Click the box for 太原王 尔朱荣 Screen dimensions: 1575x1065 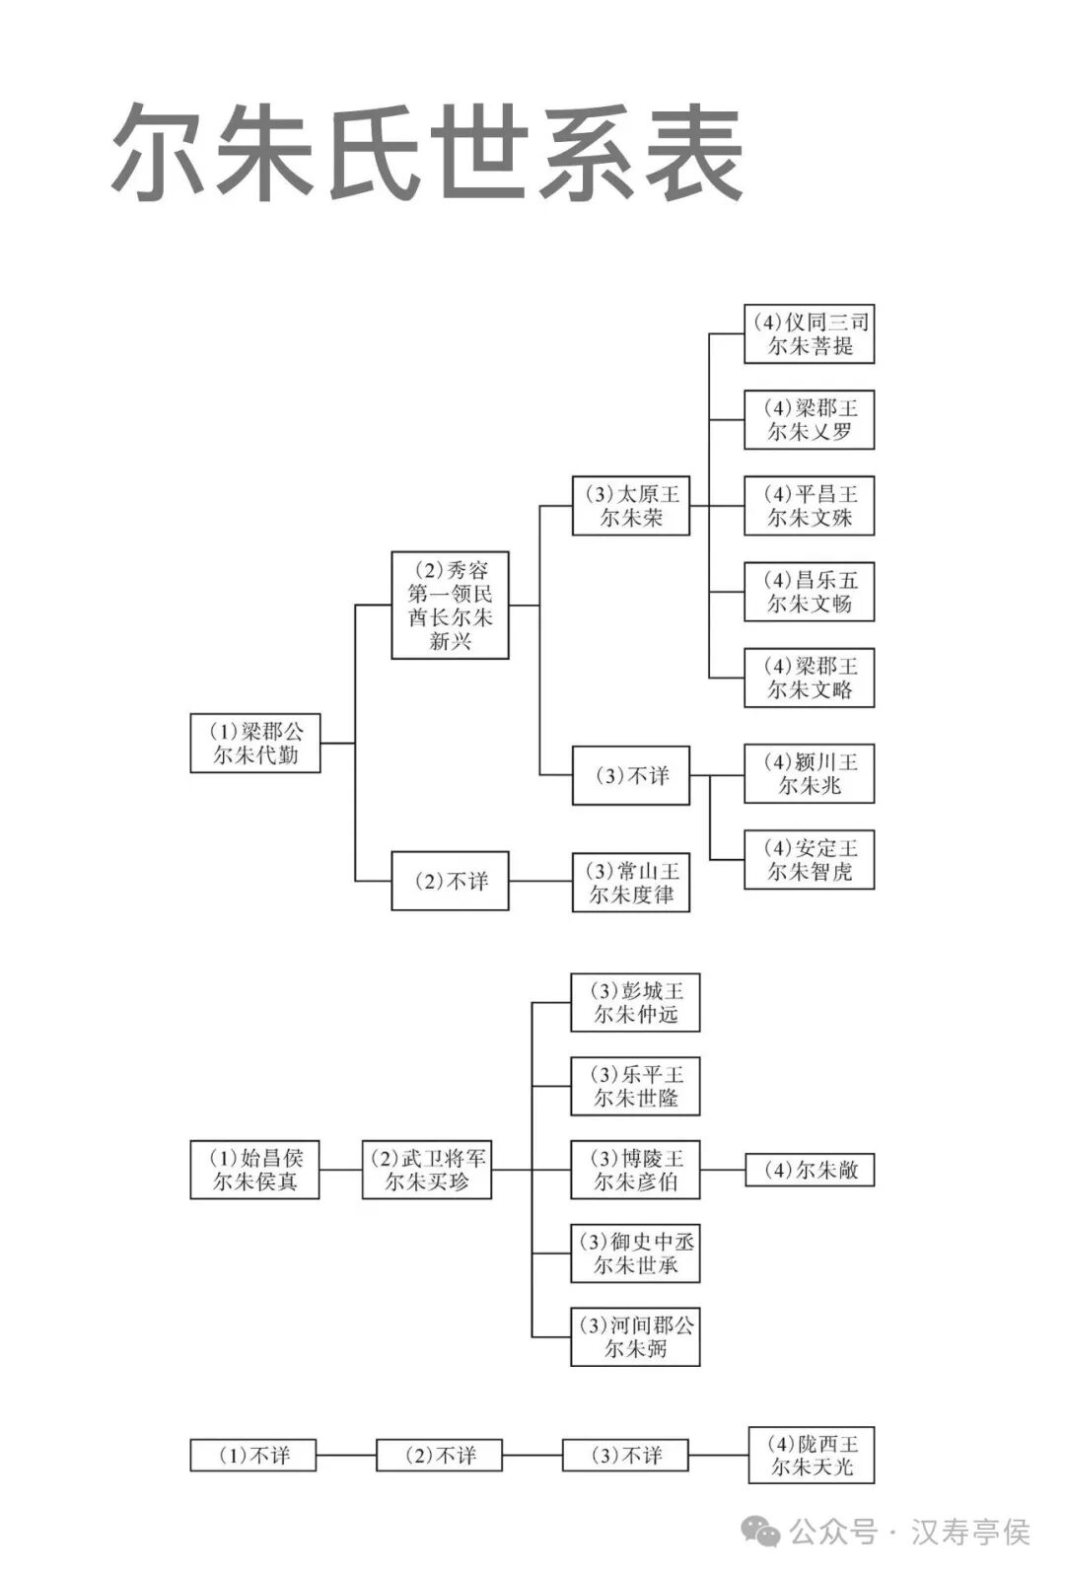tap(630, 506)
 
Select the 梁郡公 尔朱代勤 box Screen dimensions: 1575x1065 tap(254, 744)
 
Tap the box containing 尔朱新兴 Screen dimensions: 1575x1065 tap(450, 605)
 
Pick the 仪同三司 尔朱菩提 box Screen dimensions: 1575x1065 tap(809, 333)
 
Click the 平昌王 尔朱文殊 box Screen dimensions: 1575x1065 tap(809, 506)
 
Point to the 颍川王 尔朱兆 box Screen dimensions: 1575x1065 tap(809, 774)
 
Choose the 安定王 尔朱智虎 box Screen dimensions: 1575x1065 tap(809, 860)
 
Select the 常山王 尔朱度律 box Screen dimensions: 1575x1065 tap(630, 883)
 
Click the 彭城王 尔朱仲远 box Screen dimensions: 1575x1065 tap(635, 1003)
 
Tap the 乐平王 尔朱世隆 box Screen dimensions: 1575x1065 tap(635, 1087)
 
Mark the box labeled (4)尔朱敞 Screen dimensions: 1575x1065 tap(809, 1170)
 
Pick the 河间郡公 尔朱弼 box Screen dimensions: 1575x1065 tap(635, 1337)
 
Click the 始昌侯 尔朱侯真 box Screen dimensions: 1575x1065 tap(254, 1170)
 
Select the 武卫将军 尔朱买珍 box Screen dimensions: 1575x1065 tap(426, 1170)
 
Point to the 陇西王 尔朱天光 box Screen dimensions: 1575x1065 tap(812, 1455)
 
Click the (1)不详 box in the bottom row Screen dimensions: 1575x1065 tap(253, 1455)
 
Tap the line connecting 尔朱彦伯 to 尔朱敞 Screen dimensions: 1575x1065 tap(722, 1171)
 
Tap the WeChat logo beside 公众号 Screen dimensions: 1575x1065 tap(761, 1531)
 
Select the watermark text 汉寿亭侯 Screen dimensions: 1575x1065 tap(970, 1532)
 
